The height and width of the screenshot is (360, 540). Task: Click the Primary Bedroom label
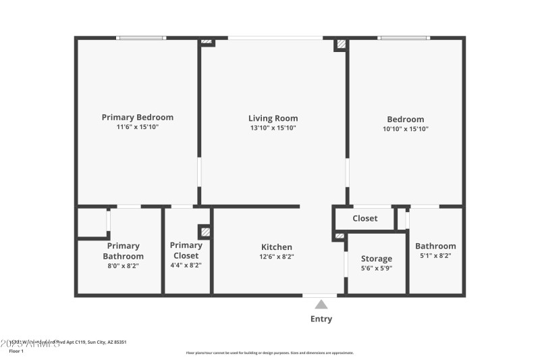point(137,117)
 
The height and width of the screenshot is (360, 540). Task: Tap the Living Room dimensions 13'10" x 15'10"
point(273,128)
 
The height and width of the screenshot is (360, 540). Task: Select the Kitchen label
point(277,247)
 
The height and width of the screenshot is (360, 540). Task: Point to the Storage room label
point(376,259)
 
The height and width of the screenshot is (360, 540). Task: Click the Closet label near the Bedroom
point(364,218)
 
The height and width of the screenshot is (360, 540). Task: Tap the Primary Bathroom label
point(123,251)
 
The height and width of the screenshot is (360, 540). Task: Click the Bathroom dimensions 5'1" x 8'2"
point(435,256)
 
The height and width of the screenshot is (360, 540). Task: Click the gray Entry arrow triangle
point(321,305)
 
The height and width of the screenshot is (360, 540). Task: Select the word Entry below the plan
point(321,319)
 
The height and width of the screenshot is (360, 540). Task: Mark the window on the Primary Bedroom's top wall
point(141,38)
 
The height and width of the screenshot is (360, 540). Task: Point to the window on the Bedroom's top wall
point(404,38)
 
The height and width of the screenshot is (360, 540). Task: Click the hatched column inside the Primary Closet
point(205,231)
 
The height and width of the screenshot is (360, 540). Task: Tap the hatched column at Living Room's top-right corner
point(342,45)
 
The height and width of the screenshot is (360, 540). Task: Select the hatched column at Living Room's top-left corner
point(207,42)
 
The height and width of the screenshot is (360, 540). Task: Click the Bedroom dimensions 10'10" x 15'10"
point(406,128)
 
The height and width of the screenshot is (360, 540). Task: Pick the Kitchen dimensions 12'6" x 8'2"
point(277,257)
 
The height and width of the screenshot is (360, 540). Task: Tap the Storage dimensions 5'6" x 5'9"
point(376,268)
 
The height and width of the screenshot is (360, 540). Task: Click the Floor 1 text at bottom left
point(16,351)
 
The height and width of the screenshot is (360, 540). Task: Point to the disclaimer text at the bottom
point(269,353)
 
